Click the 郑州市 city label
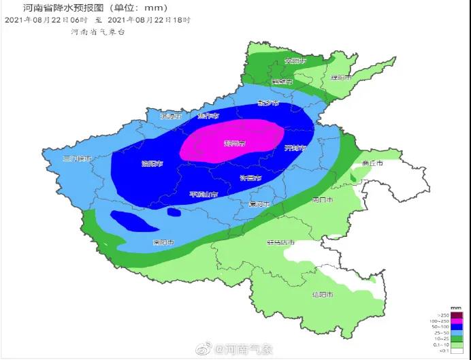click(x=235, y=144)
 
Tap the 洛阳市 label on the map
click(x=152, y=163)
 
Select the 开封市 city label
click(x=295, y=148)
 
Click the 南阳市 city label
click(x=163, y=242)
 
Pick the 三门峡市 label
click(x=76, y=158)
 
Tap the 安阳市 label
click(x=295, y=61)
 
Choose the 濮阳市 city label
click(x=340, y=78)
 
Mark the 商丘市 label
click(x=372, y=163)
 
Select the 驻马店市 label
click(x=280, y=242)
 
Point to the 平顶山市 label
click(x=204, y=195)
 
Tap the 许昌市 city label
click(x=251, y=178)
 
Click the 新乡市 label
click(x=268, y=103)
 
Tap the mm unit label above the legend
click(x=457, y=308)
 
